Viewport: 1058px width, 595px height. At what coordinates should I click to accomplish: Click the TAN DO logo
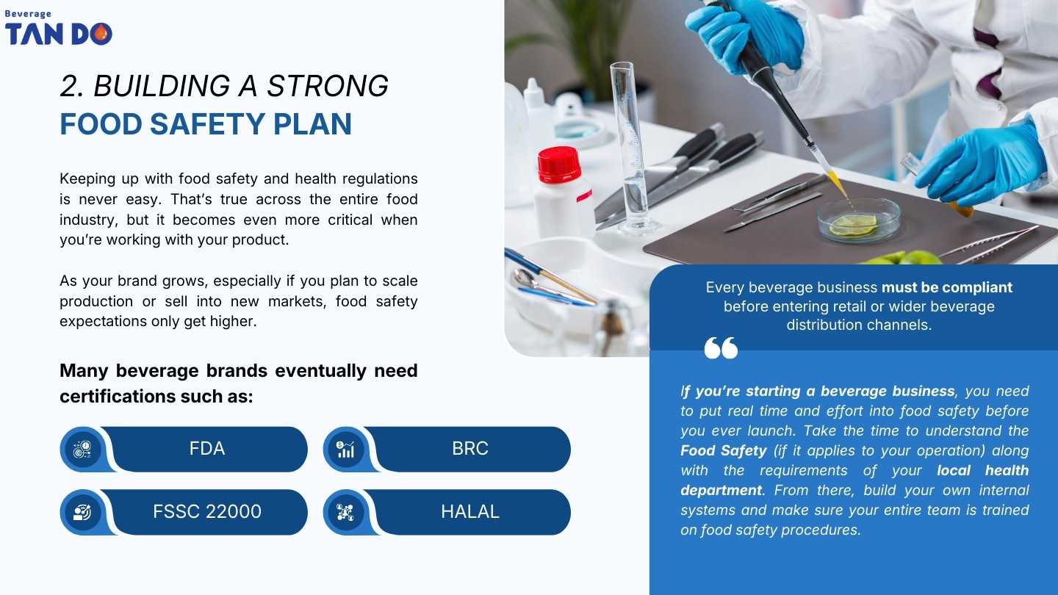pos(59,33)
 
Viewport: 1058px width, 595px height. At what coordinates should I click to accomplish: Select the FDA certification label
pos(207,449)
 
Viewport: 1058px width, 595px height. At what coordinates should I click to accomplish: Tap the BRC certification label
pos(470,449)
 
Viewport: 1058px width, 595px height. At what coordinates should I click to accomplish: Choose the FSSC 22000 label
pos(207,512)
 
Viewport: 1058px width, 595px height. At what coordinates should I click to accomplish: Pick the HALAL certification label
pos(470,512)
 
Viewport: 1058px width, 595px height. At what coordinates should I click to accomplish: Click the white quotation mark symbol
pos(721,347)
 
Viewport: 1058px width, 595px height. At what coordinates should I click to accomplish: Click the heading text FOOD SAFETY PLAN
pos(206,124)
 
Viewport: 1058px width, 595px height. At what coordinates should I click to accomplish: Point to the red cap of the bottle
pos(559,164)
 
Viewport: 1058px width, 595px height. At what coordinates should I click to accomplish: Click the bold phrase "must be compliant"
pos(946,287)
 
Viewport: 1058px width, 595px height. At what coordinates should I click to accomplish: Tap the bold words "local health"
pos(983,470)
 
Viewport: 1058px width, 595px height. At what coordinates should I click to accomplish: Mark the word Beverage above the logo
pos(29,13)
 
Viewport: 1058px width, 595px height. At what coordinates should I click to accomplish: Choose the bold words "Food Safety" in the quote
pos(724,450)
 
